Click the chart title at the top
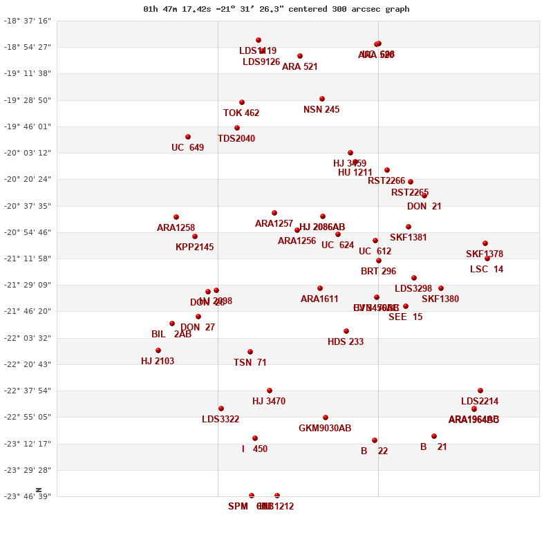(276, 9)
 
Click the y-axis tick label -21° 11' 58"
(28, 259)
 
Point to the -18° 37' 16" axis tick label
(28, 21)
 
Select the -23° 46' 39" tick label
(28, 496)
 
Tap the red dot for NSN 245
(322, 99)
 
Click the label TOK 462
(241, 113)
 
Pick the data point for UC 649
(188, 137)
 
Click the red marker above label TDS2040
(237, 128)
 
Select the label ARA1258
(176, 228)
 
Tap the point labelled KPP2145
(195, 236)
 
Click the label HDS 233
(346, 342)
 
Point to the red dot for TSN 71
(250, 352)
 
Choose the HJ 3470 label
(269, 402)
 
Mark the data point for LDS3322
(221, 409)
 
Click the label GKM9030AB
(325, 429)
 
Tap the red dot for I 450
(255, 438)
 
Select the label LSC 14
(487, 270)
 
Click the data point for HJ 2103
(158, 350)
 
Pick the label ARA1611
(319, 299)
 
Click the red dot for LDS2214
(480, 391)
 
